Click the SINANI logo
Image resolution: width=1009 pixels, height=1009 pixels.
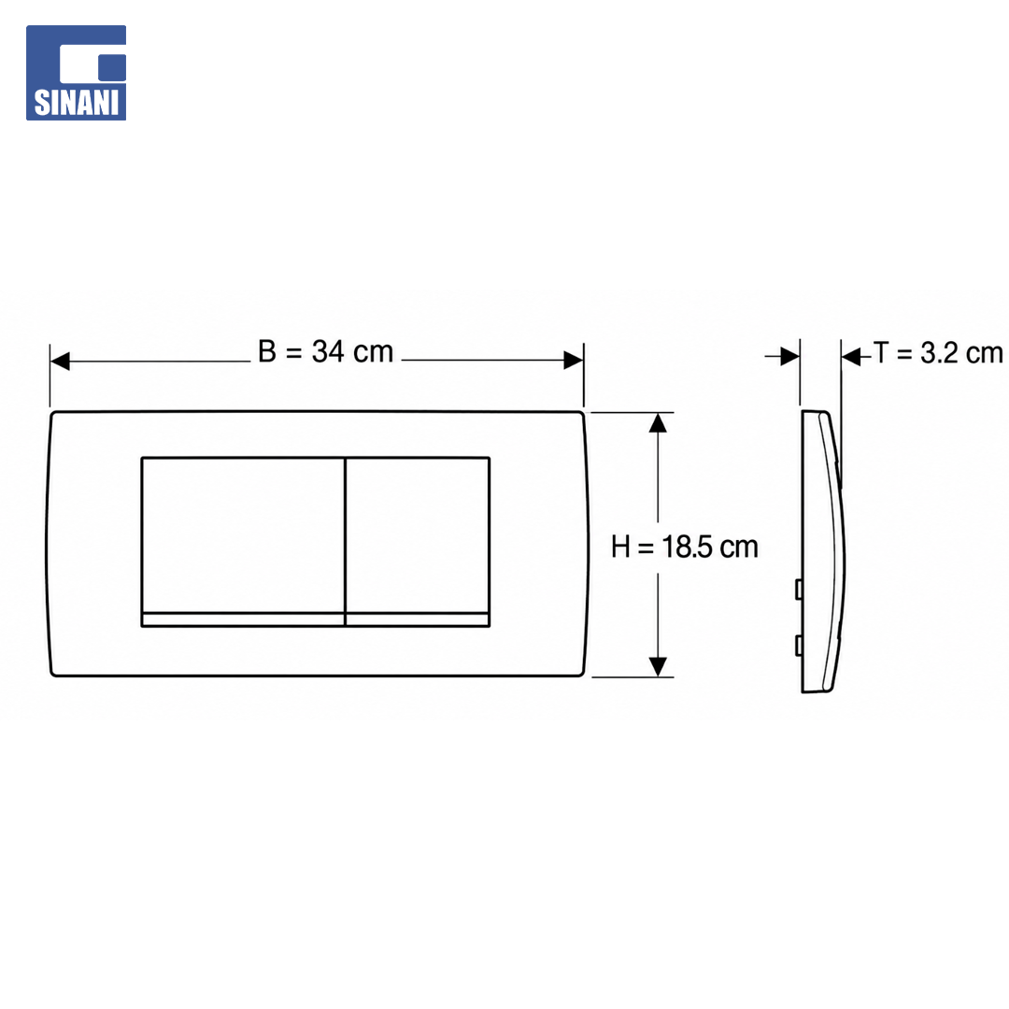(x=76, y=73)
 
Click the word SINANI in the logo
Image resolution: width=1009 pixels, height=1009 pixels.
(x=76, y=103)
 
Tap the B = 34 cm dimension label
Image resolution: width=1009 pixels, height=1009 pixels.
(x=326, y=352)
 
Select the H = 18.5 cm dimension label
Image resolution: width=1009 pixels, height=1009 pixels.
(x=685, y=547)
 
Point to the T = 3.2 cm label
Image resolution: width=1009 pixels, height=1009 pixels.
(x=938, y=353)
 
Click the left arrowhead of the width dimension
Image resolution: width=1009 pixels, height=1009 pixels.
(x=60, y=361)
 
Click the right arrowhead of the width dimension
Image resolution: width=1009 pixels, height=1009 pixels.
(x=574, y=361)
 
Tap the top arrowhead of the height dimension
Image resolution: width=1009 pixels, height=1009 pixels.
(x=658, y=422)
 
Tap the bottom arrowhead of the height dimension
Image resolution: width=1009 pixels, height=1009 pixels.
(x=658, y=667)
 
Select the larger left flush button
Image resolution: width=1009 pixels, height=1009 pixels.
(x=243, y=534)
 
